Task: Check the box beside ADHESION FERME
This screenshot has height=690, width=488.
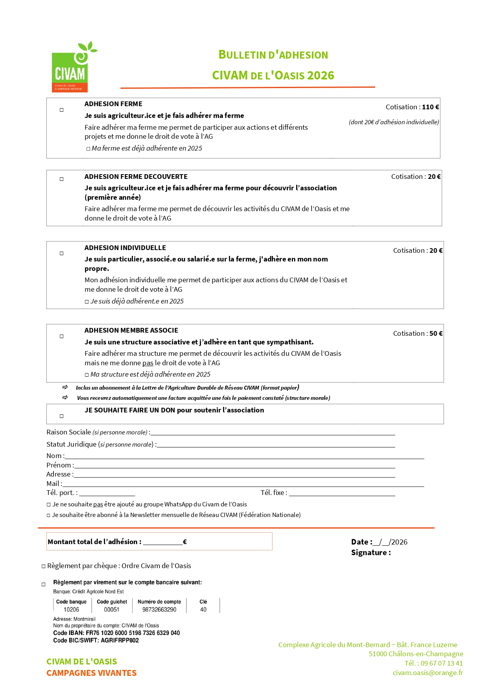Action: coord(62,110)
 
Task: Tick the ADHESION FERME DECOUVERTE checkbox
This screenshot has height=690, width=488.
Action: coord(62,179)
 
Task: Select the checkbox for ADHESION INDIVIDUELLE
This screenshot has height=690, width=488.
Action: coord(62,254)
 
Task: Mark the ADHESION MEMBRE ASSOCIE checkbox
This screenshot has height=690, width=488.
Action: coord(62,337)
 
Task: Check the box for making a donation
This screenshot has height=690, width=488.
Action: coord(62,416)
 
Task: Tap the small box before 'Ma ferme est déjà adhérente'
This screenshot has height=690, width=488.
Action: coord(88,149)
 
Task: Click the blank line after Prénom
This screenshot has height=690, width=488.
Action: coord(234,466)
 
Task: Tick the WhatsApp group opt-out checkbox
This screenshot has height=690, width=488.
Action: coord(49,505)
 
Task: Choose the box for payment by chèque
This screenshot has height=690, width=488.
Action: coord(44,567)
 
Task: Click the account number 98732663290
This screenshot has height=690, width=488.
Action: coord(159,609)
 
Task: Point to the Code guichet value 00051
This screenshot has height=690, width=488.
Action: coord(112,609)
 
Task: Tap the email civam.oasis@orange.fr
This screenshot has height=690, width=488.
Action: coord(427,673)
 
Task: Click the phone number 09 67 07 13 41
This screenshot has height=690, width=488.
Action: coord(441,663)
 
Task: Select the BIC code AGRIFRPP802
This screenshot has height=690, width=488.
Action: coord(120,640)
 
